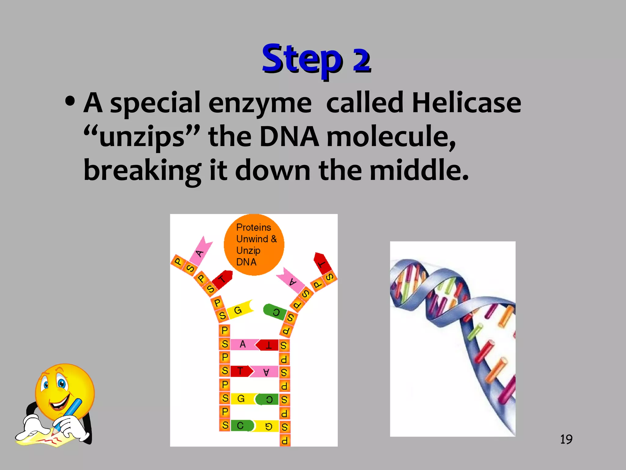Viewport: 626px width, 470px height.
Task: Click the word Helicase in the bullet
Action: (x=466, y=103)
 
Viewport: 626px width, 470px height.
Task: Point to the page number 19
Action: (x=566, y=439)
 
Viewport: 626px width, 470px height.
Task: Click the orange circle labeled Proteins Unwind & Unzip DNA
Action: (x=254, y=244)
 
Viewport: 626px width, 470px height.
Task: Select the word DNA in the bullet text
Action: (x=289, y=137)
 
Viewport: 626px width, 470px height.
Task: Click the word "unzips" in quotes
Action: (x=142, y=137)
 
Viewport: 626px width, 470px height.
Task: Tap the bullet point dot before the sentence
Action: (x=70, y=102)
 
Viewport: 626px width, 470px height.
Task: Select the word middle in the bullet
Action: (x=419, y=170)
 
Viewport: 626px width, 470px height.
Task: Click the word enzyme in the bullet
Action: (x=260, y=103)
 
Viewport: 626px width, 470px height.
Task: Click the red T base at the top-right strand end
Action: (x=322, y=263)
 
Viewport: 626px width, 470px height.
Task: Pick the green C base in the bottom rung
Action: (x=241, y=425)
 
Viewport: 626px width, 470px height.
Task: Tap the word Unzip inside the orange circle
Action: (x=248, y=250)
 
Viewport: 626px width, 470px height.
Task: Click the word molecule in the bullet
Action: (x=391, y=137)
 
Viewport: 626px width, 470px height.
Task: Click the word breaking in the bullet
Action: (x=142, y=170)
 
